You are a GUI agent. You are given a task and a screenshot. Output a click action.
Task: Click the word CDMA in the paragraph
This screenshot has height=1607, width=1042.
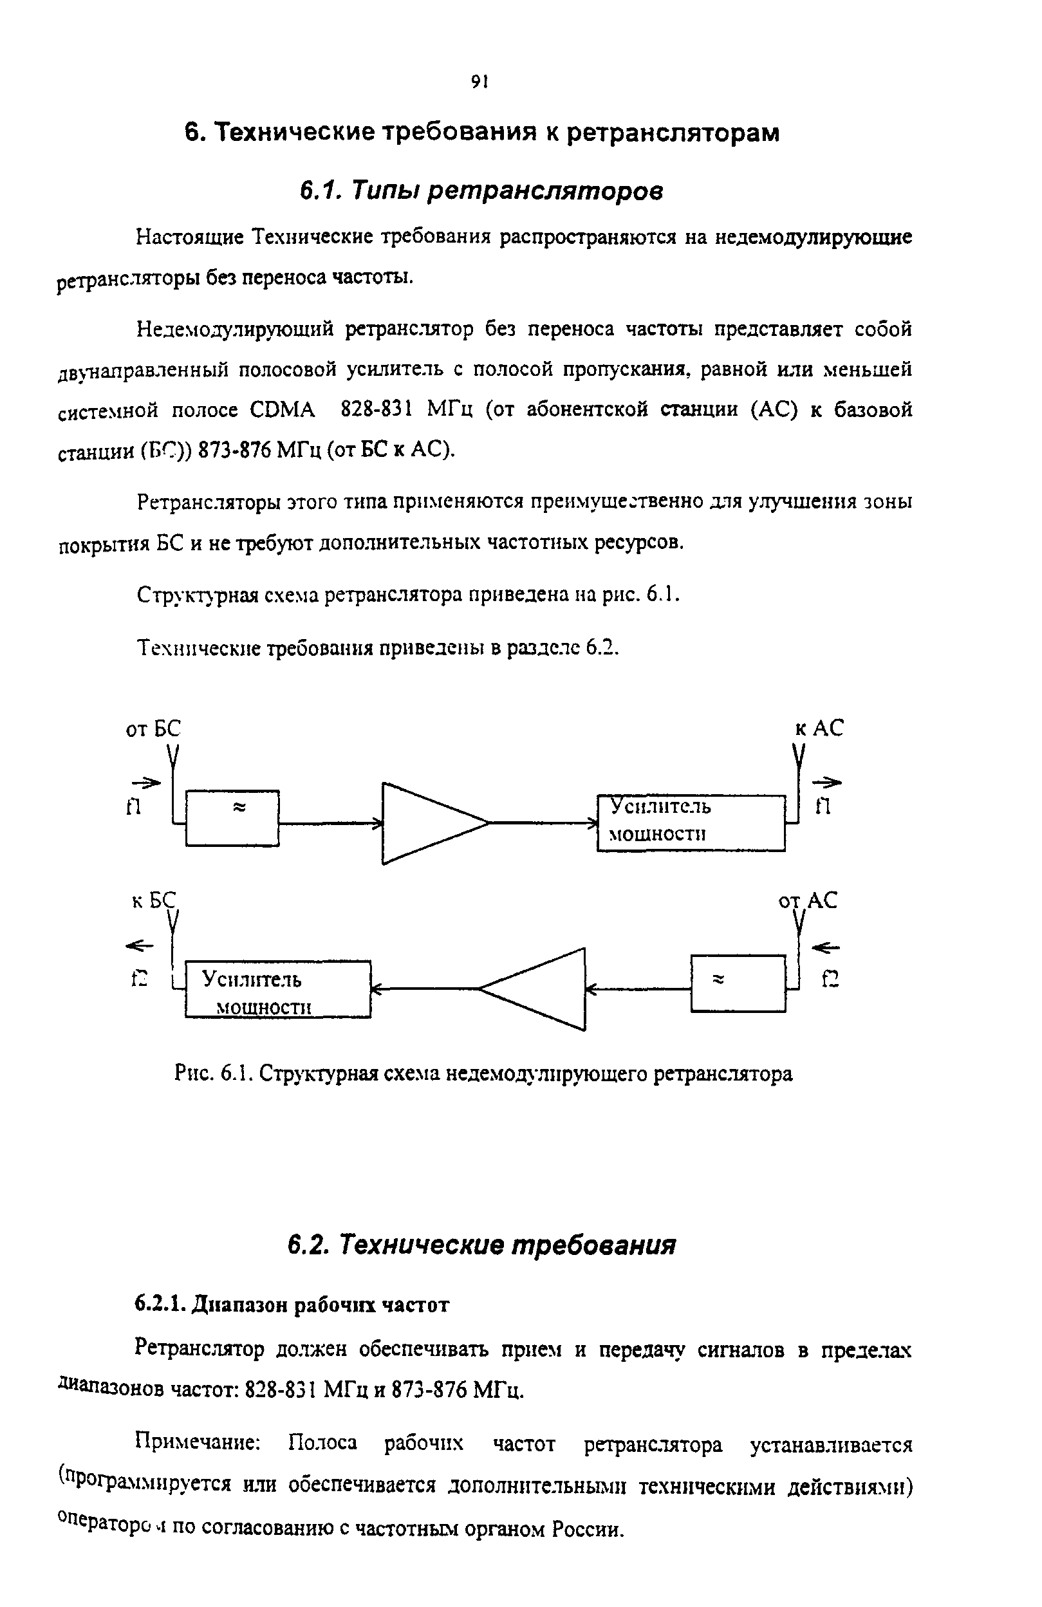[283, 410]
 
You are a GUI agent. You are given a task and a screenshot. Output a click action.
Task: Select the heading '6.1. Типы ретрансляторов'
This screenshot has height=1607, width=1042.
[481, 191]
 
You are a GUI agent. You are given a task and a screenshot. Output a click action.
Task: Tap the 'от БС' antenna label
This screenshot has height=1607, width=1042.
[153, 729]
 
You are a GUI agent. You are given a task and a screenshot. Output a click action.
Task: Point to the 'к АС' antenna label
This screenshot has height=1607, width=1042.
[819, 728]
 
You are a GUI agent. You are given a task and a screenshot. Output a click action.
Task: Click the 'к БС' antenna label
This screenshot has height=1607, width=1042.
[153, 901]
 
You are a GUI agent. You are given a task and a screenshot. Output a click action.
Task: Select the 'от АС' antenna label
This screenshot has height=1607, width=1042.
[808, 901]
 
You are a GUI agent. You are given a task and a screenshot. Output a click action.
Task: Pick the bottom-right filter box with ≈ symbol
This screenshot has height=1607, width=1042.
[738, 983]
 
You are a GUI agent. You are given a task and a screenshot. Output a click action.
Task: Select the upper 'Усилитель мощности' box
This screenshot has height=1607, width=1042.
[691, 822]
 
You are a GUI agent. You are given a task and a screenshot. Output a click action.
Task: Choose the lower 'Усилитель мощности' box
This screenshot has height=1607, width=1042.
[277, 989]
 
